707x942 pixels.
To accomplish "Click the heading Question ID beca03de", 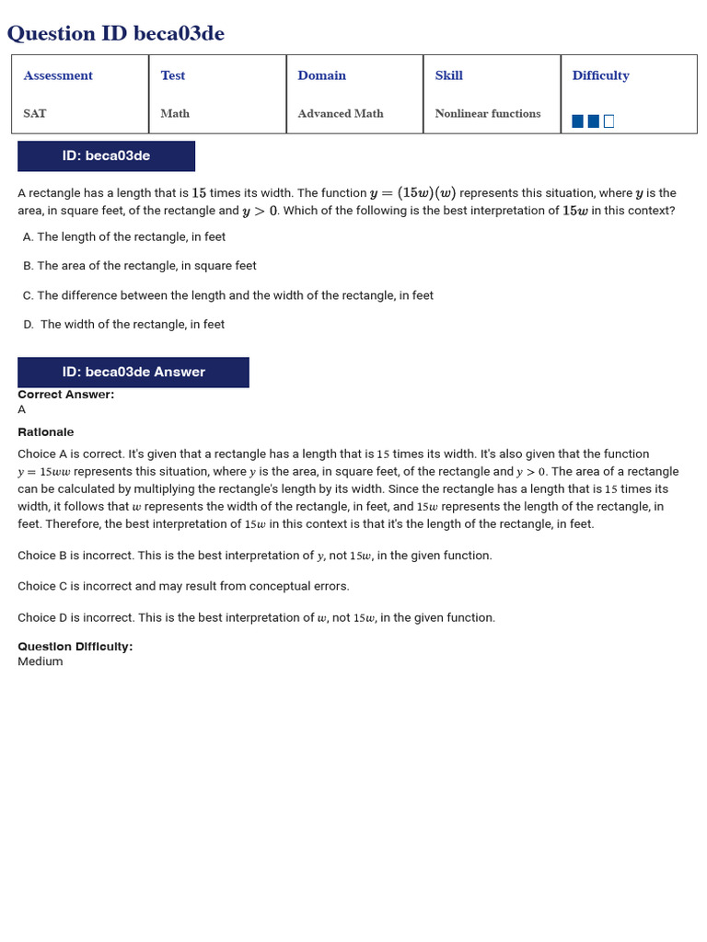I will click(x=116, y=34).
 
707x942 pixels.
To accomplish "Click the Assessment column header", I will click(x=58, y=75).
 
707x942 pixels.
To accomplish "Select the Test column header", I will click(x=173, y=75).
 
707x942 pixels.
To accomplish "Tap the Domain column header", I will click(x=322, y=75).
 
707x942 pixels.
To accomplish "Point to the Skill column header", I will click(x=449, y=75).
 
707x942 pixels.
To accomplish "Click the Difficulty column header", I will click(x=600, y=75).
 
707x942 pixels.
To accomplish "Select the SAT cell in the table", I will click(x=35, y=113).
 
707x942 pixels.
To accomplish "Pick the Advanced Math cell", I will click(x=341, y=113).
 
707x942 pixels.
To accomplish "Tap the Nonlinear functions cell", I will click(x=488, y=113).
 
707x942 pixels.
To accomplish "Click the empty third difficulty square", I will click(x=608, y=121).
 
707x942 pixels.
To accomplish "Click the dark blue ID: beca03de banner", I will click(x=106, y=156).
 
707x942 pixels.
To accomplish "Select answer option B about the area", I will click(x=140, y=266).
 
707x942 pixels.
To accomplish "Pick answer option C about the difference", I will click(x=228, y=295).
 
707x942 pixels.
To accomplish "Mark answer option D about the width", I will click(x=124, y=325).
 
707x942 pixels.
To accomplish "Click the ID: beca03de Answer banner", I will click(x=133, y=373).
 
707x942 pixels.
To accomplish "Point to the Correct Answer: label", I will click(x=66, y=395).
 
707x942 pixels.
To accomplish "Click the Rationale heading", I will click(x=46, y=432).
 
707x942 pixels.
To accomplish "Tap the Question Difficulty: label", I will click(x=75, y=647).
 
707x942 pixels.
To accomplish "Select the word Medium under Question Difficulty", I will click(x=41, y=661).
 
